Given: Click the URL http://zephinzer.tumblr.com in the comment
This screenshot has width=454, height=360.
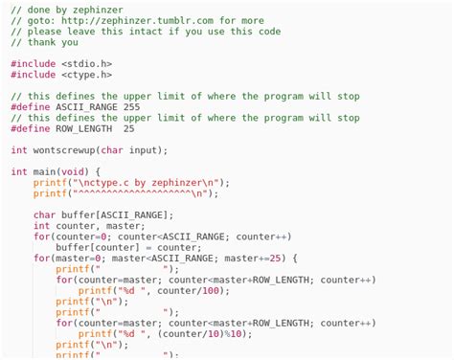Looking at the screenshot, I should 136,20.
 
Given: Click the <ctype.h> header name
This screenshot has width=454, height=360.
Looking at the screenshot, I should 86,75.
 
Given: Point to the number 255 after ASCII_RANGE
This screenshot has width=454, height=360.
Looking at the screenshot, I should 131,107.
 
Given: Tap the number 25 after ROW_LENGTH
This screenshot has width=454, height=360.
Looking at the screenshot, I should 128,128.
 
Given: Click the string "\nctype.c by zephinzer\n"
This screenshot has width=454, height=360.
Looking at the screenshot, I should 145,183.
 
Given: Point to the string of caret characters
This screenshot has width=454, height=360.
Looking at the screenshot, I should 142,193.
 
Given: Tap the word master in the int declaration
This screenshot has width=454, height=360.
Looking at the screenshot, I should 125,226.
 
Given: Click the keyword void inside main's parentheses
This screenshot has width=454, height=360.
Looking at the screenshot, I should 74,172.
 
